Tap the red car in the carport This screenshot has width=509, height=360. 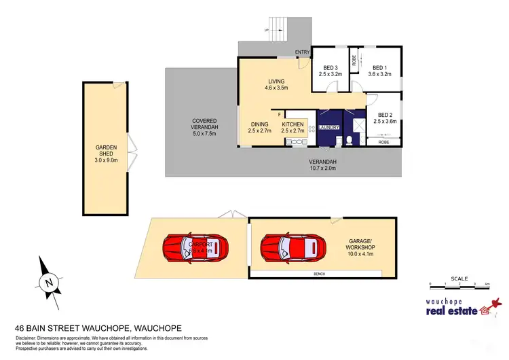pyautogui.click(x=195, y=249)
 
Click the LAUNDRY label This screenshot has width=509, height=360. pyautogui.click(x=329, y=128)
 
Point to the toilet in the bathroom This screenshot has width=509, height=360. pyautogui.click(x=349, y=141)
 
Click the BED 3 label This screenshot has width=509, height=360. pyautogui.click(x=330, y=68)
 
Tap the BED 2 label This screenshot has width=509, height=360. pyautogui.click(x=385, y=115)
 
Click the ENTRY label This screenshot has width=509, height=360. pyautogui.click(x=302, y=52)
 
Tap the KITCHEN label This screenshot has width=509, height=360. pyautogui.click(x=293, y=124)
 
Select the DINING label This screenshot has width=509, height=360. pyautogui.click(x=260, y=124)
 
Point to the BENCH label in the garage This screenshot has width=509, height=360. pyautogui.click(x=319, y=274)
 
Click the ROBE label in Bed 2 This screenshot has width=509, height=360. pyautogui.click(x=384, y=143)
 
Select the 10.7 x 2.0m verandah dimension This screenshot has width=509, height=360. pyautogui.click(x=322, y=168)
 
